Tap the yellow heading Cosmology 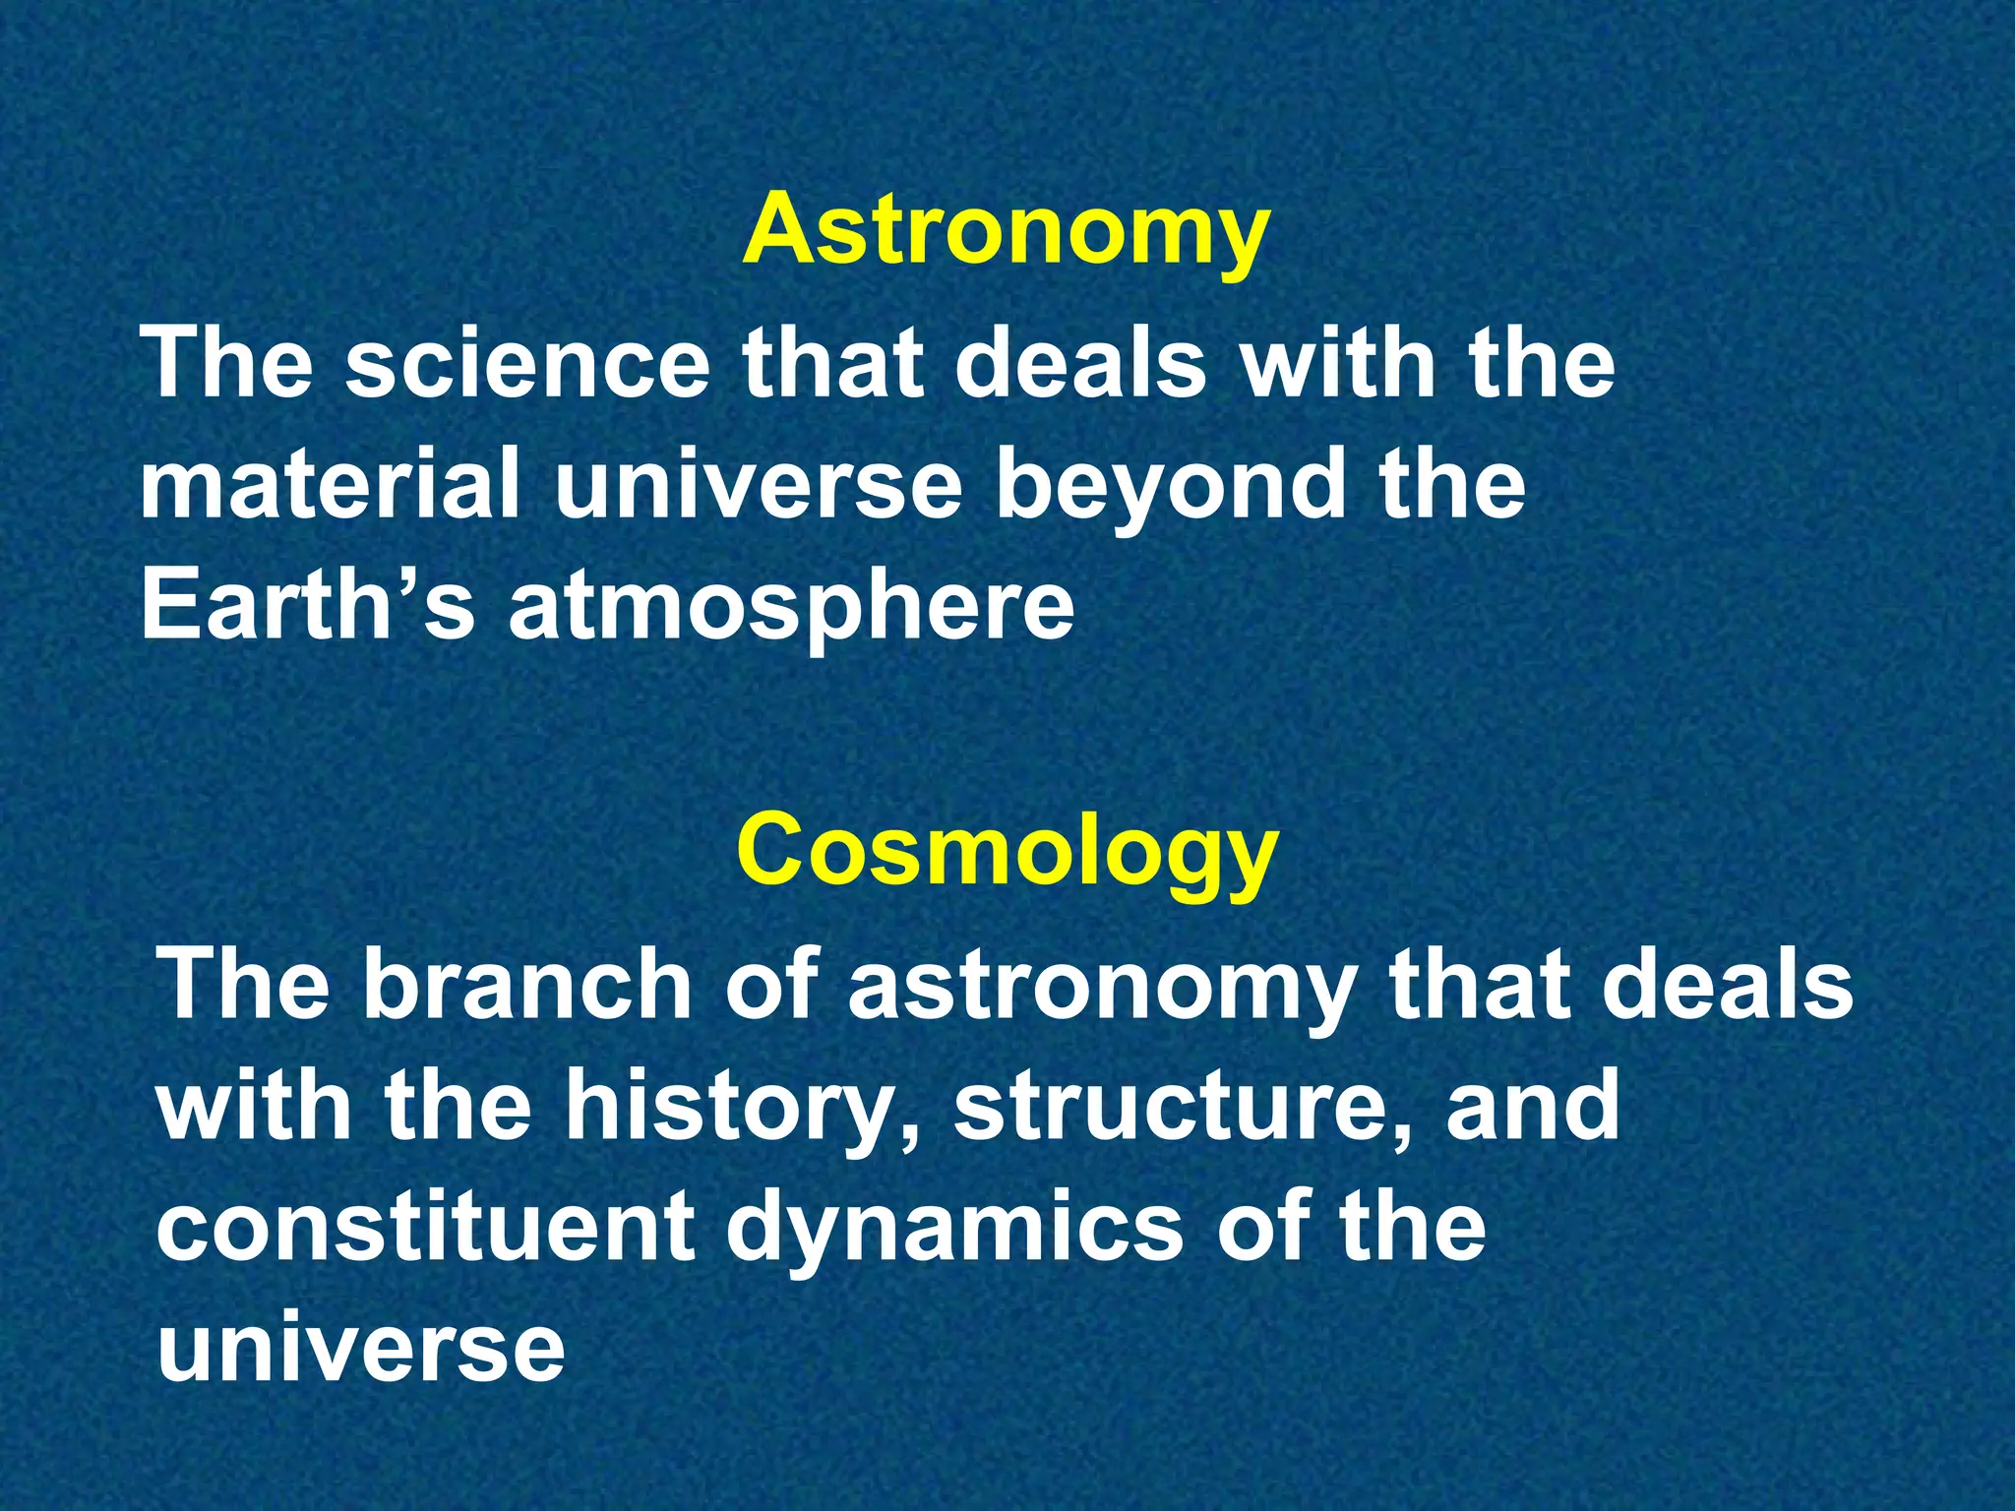[1007, 852]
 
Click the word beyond [1170, 489]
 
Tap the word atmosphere [791, 608]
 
